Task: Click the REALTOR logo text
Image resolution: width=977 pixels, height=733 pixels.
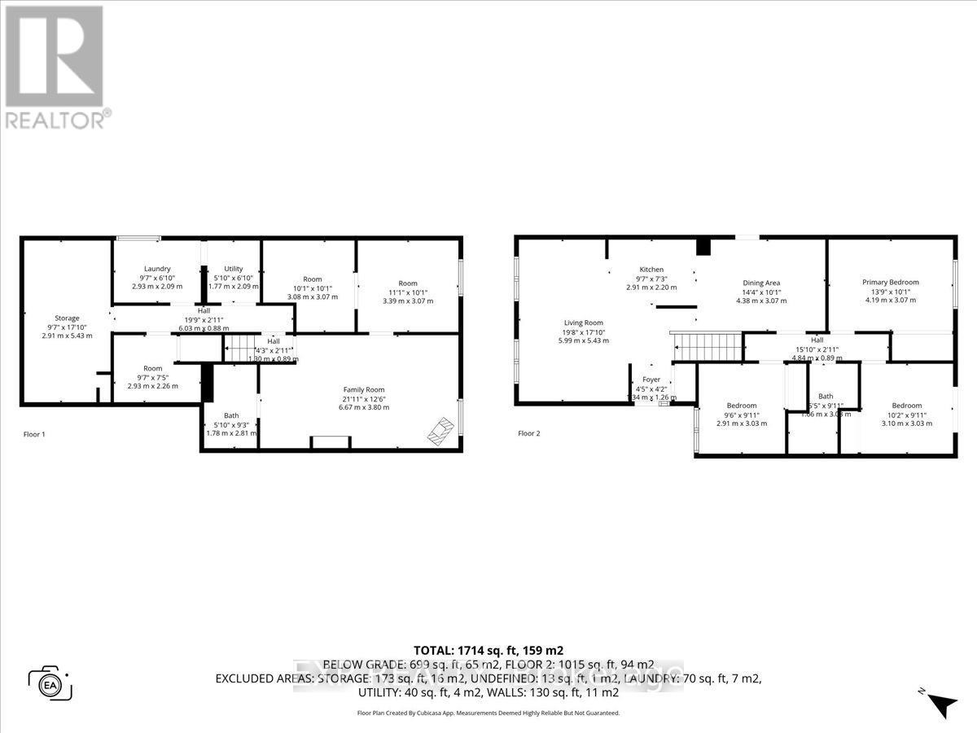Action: pos(55,120)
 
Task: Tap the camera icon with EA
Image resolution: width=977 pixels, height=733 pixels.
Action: pos(50,683)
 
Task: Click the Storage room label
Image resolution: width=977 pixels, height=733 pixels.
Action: pos(67,318)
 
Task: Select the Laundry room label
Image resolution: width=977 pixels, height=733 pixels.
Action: pos(157,269)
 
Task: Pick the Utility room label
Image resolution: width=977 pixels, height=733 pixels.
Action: pos(233,269)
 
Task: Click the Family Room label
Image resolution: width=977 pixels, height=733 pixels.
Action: pos(363,389)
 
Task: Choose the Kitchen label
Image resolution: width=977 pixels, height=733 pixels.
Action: pos(651,270)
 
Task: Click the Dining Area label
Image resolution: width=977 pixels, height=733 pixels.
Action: pos(761,283)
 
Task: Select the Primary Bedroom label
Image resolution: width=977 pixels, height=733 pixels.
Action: pos(891,283)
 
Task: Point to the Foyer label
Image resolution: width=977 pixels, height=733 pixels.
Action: pos(651,380)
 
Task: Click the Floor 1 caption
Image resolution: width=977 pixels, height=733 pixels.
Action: pos(34,434)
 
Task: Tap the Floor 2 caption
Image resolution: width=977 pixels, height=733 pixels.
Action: pos(529,433)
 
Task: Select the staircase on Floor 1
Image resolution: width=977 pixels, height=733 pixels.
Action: pos(243,349)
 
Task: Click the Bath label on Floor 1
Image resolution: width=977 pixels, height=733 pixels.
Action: pos(231,415)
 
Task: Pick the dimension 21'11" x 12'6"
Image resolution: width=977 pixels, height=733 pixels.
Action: pos(363,398)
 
